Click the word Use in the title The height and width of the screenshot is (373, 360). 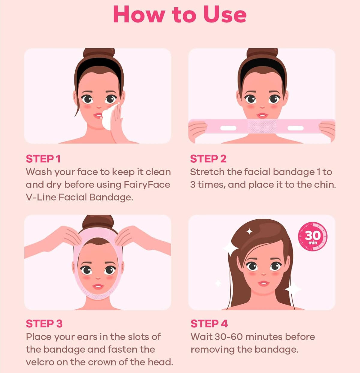click(x=225, y=15)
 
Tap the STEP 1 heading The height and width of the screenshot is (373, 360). click(x=43, y=159)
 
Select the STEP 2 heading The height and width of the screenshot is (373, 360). click(x=208, y=159)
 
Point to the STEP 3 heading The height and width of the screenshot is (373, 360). click(x=44, y=324)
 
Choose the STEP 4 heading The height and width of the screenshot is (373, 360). click(x=209, y=324)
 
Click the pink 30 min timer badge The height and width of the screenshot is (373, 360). click(x=313, y=236)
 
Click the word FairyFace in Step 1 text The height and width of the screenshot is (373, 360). click(x=147, y=185)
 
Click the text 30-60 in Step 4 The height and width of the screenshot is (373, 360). click(x=229, y=337)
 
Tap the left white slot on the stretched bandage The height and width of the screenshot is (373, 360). click(x=228, y=128)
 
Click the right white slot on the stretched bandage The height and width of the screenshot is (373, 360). click(x=295, y=128)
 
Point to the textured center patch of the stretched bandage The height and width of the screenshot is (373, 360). click(x=262, y=126)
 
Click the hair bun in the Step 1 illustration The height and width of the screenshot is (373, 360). click(x=99, y=53)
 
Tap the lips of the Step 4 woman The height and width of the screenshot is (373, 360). click(x=264, y=283)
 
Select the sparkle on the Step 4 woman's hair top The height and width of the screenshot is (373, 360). click(x=249, y=232)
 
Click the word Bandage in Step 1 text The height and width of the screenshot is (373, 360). click(x=111, y=198)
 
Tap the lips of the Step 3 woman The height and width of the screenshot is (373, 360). click(x=98, y=287)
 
